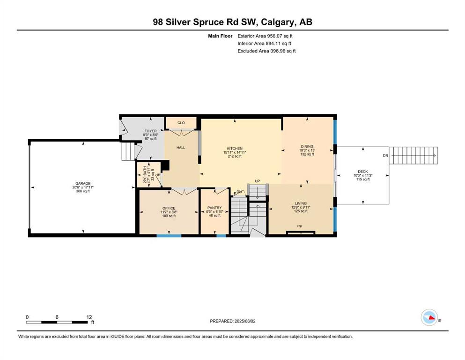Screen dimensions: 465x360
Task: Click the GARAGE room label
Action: point(83,183)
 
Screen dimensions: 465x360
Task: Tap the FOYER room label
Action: point(151,131)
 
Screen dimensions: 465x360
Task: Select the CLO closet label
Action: point(181,122)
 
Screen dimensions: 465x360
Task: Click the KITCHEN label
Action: point(235,149)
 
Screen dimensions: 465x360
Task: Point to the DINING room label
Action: point(307,146)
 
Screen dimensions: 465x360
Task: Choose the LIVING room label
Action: point(301,203)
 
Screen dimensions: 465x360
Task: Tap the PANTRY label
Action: point(214,208)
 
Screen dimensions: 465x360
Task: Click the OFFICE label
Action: point(169,208)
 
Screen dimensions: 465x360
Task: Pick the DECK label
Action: point(363,172)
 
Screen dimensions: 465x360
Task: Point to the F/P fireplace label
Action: point(300,226)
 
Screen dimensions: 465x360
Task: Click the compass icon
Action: point(429,317)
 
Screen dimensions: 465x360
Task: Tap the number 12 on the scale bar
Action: point(89,317)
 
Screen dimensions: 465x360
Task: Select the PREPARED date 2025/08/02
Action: point(245,321)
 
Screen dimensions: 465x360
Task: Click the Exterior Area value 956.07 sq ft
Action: point(280,36)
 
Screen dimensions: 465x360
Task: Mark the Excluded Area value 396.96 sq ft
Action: point(283,51)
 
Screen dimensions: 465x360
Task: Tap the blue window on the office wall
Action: point(169,236)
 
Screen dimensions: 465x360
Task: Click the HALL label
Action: point(181,148)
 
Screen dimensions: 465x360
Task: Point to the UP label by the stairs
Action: point(257,181)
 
